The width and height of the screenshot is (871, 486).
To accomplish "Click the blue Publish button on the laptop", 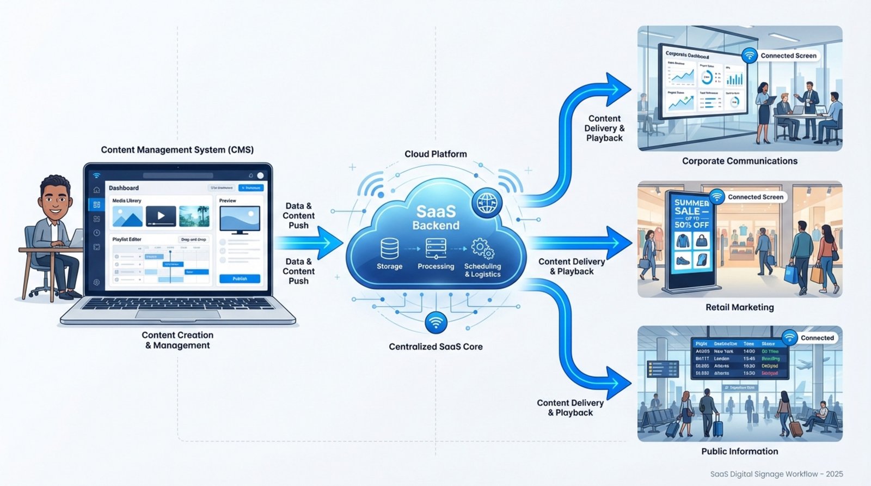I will (x=240, y=278).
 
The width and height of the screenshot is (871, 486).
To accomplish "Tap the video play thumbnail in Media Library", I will (x=161, y=216).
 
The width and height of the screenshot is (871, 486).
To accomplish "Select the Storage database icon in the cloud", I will (x=389, y=249).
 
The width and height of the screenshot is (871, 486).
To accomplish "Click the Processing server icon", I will (x=436, y=248).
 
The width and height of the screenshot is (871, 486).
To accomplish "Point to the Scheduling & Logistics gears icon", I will (x=482, y=249).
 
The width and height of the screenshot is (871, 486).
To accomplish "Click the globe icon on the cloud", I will (x=487, y=203).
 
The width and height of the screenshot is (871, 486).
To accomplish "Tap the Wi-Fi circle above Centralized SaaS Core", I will (x=436, y=323).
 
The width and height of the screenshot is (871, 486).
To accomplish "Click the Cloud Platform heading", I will (x=436, y=154).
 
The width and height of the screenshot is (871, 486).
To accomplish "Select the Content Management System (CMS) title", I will (x=177, y=150).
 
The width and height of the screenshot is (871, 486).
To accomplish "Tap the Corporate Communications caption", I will (x=739, y=161).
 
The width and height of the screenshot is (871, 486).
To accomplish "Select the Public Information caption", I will (x=739, y=451).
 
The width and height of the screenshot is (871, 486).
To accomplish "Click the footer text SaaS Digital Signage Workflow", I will (x=776, y=474).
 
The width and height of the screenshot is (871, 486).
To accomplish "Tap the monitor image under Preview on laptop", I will (x=240, y=220).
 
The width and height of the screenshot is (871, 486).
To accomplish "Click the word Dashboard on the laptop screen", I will (x=124, y=188).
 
